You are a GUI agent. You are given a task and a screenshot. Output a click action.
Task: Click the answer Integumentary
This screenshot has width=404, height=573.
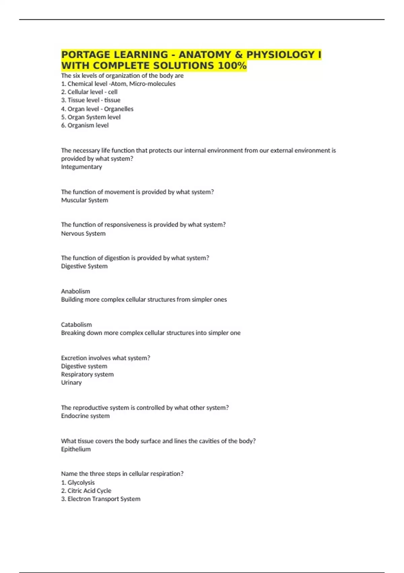(81, 167)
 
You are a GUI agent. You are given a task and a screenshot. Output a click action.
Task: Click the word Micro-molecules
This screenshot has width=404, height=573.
(152, 84)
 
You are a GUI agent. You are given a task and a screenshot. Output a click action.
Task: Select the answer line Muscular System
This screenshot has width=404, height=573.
(85, 200)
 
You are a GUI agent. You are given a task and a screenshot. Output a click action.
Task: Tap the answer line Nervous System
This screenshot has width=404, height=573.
(83, 234)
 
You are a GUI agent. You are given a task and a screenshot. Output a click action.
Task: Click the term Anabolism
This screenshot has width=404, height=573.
(75, 291)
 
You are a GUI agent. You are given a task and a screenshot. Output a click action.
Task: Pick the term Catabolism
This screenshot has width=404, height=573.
(76, 325)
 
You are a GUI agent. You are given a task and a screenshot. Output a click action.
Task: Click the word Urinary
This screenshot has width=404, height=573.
(71, 383)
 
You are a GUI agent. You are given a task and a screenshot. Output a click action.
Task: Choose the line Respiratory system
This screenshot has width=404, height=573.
(87, 374)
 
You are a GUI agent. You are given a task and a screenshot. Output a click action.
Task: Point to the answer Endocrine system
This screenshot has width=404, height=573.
(85, 416)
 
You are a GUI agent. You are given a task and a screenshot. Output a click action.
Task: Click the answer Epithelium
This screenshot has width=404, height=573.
(76, 449)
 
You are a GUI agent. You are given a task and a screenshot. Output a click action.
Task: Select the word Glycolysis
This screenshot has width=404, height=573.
(81, 483)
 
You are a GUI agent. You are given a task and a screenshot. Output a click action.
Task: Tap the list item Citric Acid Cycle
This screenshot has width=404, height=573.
(89, 491)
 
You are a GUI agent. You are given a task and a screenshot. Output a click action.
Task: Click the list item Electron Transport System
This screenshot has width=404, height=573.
(104, 499)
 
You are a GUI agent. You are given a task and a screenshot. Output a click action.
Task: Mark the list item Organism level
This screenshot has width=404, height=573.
(88, 125)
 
